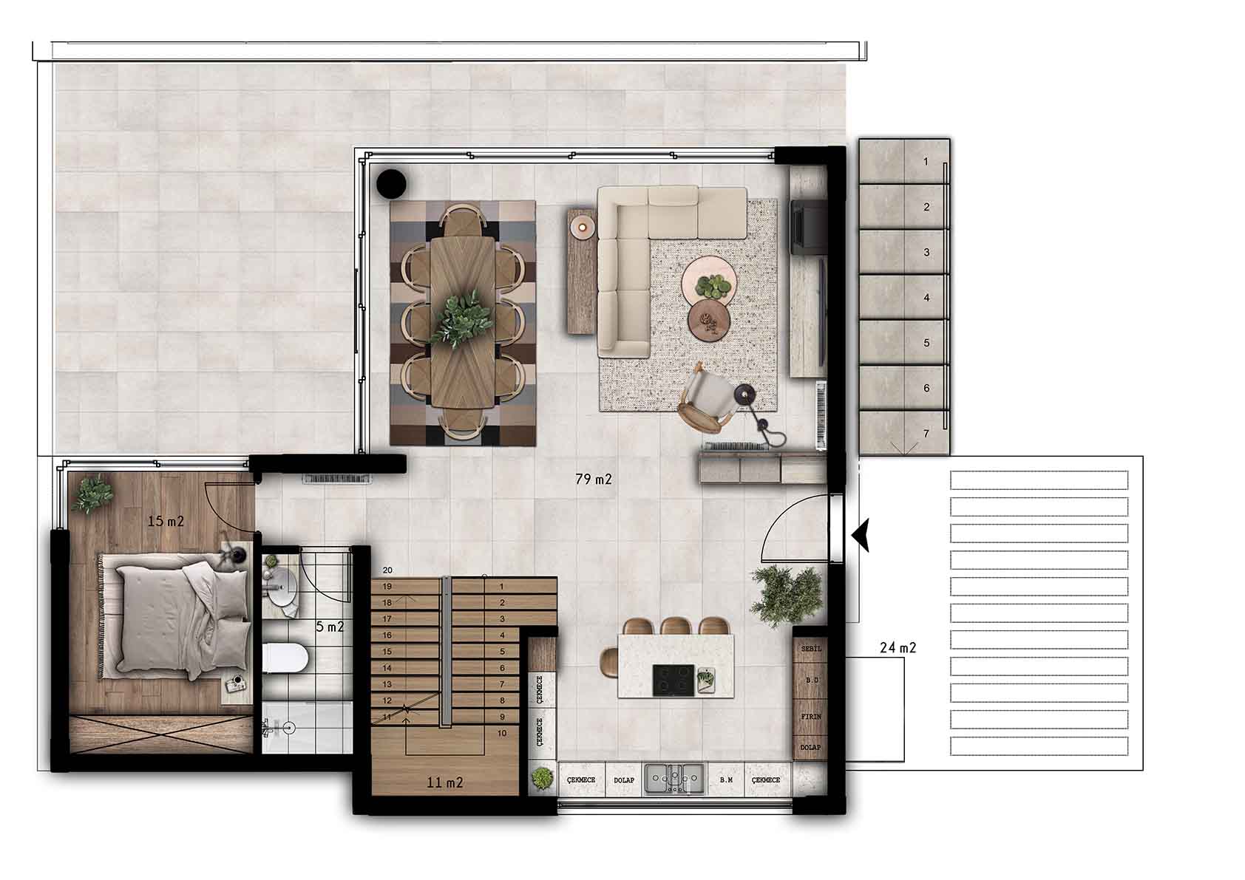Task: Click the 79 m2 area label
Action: (594, 479)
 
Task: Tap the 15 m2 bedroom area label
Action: (166, 521)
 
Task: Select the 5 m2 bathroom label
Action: (330, 627)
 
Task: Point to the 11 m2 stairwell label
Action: (444, 782)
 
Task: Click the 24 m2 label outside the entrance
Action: (898, 647)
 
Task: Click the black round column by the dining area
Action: (391, 183)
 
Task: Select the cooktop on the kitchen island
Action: (673, 680)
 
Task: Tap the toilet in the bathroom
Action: (285, 659)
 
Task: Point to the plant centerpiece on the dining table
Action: (462, 319)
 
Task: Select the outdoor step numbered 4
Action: (904, 297)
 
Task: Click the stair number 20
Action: (387, 570)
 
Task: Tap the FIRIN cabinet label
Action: (811, 717)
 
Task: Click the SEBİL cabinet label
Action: (811, 648)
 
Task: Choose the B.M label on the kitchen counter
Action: (726, 780)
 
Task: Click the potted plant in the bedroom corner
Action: (92, 494)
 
